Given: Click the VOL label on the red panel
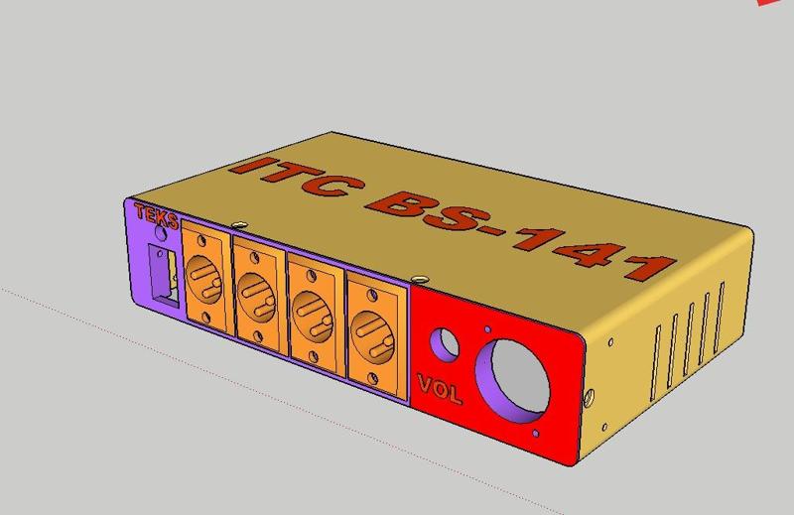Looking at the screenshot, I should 440,390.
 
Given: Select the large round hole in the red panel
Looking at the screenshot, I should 516,376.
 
